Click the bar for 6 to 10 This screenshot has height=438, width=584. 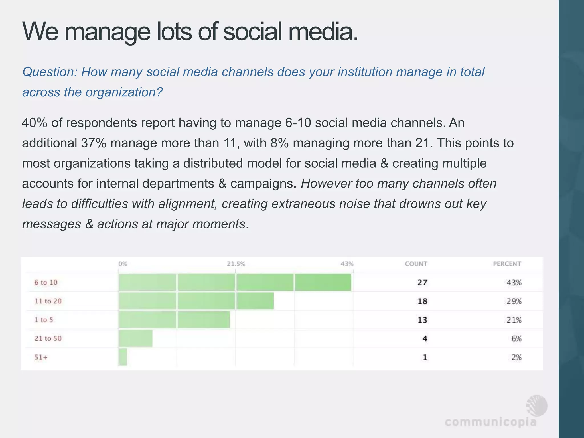pyautogui.click(x=235, y=282)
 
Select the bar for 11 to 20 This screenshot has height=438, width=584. pyautogui.click(x=196, y=301)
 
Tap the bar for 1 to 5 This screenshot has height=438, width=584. pyautogui.click(x=174, y=320)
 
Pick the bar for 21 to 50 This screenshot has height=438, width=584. pyautogui.click(x=135, y=338)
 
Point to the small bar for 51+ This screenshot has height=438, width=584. pyautogui.click(x=123, y=357)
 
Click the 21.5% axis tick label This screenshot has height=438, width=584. pyautogui.click(x=236, y=264)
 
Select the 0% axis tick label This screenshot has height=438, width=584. pyautogui.click(x=123, y=264)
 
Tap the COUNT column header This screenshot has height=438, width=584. pyautogui.click(x=416, y=264)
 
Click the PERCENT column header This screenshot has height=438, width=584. pyautogui.click(x=507, y=264)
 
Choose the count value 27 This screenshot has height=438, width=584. pyautogui.click(x=422, y=283)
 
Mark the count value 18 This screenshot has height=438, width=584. pyautogui.click(x=422, y=301)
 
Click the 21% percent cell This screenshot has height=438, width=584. pyautogui.click(x=514, y=320)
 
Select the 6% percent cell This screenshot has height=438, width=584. pyautogui.click(x=516, y=339)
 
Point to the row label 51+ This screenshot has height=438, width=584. pyautogui.click(x=41, y=357)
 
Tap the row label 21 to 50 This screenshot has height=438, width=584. pyautogui.click(x=48, y=338)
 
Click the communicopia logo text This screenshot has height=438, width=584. pyautogui.click(x=490, y=422)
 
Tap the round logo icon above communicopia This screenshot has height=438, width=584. pyautogui.click(x=537, y=405)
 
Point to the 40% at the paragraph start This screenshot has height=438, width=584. pyautogui.click(x=35, y=123)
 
